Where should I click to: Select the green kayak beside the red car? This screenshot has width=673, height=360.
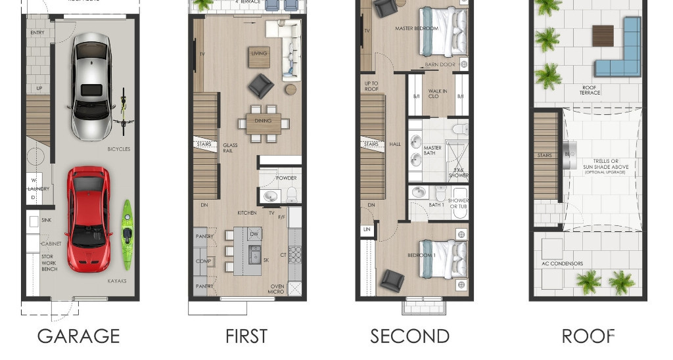point(128,234)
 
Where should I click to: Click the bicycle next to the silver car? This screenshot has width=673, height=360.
point(123,110)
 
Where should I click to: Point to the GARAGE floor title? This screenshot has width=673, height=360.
point(78,336)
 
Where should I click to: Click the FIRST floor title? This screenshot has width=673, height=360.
point(246,336)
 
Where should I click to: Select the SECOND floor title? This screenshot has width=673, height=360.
point(409,336)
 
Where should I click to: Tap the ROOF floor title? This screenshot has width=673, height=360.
point(588,336)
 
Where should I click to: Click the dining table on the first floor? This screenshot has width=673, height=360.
point(264,122)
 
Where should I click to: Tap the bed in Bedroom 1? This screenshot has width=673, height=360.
point(443,264)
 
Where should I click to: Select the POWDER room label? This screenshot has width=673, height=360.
point(286,178)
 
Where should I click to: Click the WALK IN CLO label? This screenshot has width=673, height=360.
point(438,94)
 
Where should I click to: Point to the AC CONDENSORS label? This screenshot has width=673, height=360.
point(562,263)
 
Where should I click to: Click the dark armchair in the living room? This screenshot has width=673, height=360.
point(260,86)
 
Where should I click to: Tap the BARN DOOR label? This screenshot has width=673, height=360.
point(440,64)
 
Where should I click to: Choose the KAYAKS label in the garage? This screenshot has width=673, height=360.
point(116,281)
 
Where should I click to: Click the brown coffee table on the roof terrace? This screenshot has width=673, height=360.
point(602,35)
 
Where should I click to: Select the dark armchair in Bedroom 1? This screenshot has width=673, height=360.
point(392,281)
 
